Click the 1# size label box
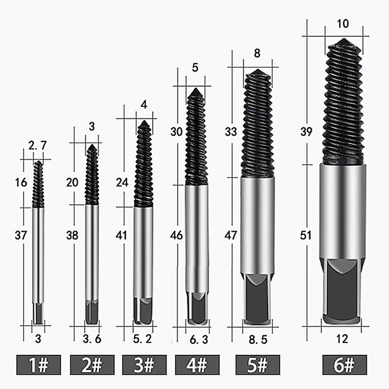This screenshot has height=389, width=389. tap(39, 364)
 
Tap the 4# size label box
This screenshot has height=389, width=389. tap(197, 364)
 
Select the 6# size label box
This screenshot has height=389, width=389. tap(345, 364)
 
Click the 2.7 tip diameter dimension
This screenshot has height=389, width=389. tap(37, 145)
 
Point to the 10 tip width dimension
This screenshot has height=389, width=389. tap(343, 24)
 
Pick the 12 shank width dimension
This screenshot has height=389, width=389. tap(342, 339)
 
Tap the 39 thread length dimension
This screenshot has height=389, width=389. tap(306, 131)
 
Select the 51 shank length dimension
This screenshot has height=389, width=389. tap(306, 235)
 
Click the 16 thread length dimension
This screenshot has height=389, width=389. tap(21, 182)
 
